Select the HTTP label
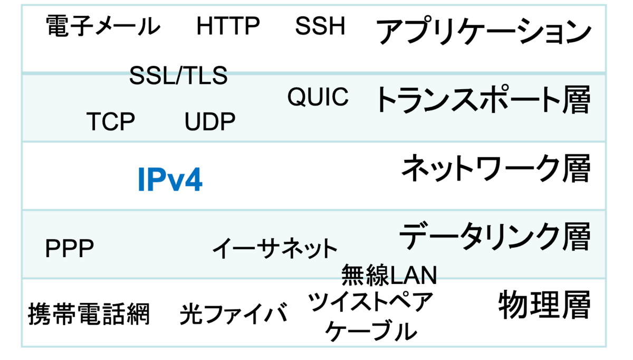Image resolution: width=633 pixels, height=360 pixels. pos(228,26)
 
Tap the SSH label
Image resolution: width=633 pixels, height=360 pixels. pos(320,26)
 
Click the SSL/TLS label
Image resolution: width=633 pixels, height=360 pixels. pos(178,76)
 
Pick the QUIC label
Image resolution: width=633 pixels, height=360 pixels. pos(318,97)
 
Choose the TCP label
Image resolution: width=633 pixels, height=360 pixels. pos(111,122)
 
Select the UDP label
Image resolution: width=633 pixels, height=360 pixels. pos(210,122)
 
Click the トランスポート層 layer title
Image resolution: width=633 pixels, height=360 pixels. pos(482,100)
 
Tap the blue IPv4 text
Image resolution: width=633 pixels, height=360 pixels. pos(170,180)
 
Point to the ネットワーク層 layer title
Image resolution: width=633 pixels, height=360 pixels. pos(495,169)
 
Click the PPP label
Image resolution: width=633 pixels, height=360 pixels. pos(70,249)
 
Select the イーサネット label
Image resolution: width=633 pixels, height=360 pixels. pos(274,248)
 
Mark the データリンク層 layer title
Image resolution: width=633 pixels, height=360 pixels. pos(494,236)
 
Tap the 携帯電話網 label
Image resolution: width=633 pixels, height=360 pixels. pos(89,314)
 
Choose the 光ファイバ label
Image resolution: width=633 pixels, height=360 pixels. pos(233,314)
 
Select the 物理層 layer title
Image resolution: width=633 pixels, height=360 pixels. pos(544,305)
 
